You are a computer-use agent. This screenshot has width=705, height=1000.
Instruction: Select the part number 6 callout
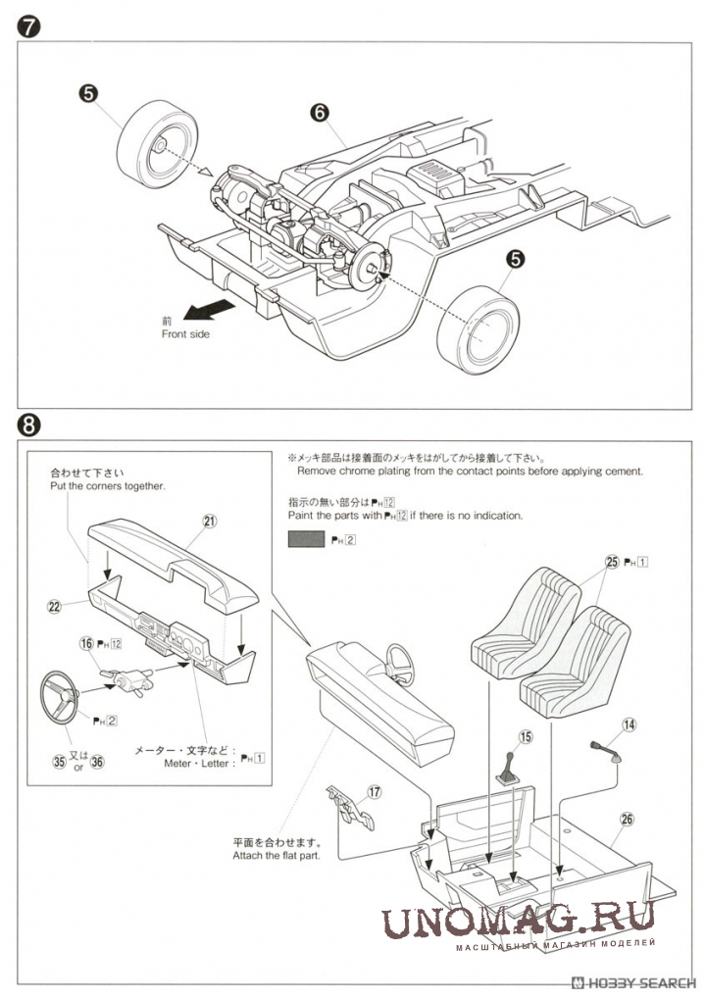tap(318, 112)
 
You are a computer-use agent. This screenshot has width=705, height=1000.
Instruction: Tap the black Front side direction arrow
tap(211, 311)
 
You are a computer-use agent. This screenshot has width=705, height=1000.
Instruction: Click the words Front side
tap(185, 334)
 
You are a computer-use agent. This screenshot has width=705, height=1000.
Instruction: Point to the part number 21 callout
tap(209, 521)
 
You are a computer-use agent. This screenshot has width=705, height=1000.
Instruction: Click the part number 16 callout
tap(87, 643)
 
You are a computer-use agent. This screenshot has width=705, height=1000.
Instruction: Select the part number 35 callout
tap(61, 760)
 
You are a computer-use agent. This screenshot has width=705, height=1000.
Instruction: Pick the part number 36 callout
tap(96, 760)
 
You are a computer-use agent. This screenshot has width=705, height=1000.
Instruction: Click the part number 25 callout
tap(613, 562)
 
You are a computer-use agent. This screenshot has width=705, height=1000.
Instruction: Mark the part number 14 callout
tap(629, 725)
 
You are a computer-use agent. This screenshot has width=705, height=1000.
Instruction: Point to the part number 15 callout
tap(526, 736)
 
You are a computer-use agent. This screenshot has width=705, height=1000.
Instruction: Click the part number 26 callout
tap(628, 819)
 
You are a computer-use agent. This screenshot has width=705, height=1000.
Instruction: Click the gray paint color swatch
tap(306, 539)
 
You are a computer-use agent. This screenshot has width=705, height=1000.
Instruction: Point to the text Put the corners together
tap(107, 485)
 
